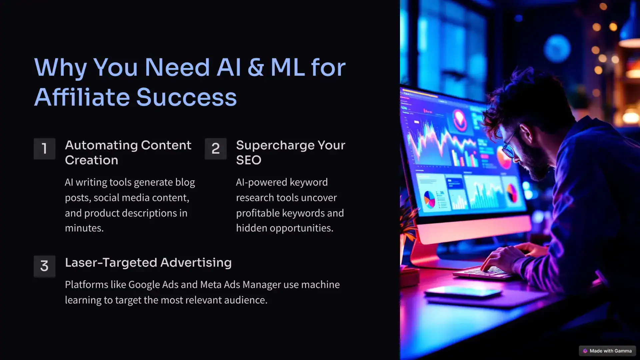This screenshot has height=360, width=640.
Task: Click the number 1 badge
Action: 44,149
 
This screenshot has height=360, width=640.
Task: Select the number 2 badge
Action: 216,149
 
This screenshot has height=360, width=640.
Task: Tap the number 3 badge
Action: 44,266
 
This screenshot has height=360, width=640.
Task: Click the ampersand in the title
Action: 256,67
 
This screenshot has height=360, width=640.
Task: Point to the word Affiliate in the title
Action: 82,97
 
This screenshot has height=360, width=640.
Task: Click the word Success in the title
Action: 186,97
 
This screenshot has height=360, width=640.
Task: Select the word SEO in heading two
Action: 249,160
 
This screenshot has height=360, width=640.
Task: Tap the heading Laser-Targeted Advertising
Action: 148,263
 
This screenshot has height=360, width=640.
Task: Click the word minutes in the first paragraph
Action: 84,228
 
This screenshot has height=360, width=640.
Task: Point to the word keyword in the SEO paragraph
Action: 309,182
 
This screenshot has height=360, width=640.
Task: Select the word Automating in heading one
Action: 101,146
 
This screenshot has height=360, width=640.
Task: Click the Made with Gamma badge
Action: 607,351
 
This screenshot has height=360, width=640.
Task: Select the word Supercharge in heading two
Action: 275,146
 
